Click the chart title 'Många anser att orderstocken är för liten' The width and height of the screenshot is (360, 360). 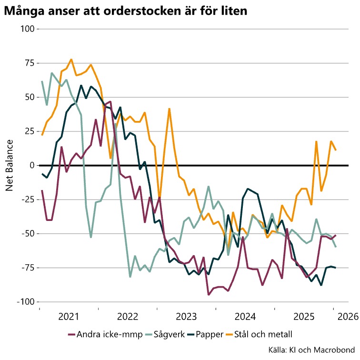coord(125,10)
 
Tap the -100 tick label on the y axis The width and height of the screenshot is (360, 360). coord(24,302)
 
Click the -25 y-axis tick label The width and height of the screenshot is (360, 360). coord(27,200)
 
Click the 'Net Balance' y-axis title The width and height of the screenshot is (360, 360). coord(9,165)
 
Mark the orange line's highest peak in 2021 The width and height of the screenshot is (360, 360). coord(71,60)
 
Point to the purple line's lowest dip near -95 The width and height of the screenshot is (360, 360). coord(209,295)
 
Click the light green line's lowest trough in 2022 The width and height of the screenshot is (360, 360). coord(130,277)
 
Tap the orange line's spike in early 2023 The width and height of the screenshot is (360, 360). coord(169,109)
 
